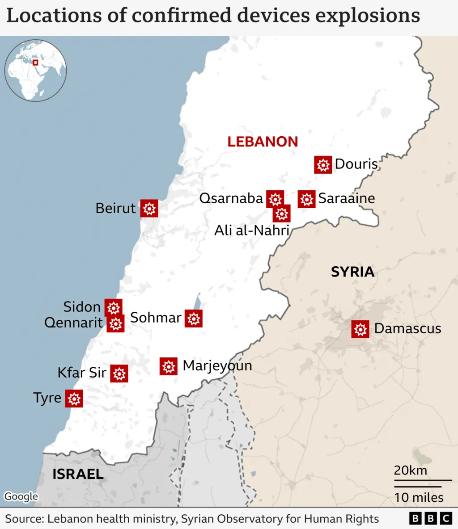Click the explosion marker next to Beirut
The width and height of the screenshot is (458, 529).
tap(149, 208)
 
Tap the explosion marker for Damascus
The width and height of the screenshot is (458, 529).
tap(360, 329)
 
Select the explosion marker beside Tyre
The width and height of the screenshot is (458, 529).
tap(74, 398)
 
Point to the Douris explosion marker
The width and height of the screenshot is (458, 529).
tap(323, 165)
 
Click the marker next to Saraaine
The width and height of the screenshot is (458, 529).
tap(306, 199)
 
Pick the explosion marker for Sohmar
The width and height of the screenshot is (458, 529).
tap(193, 319)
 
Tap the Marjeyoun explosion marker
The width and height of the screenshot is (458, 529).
tap(169, 366)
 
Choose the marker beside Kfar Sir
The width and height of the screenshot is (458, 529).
tap(119, 374)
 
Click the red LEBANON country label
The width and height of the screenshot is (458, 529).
tap(263, 142)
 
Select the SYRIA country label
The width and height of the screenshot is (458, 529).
tap(352, 272)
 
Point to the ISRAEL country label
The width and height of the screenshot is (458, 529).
tap(78, 474)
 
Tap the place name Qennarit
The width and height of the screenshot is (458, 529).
tap(73, 323)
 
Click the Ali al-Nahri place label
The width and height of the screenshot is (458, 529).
tap(252, 230)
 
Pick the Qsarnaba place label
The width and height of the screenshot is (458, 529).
tap(231, 198)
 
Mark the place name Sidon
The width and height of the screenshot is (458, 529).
tap(82, 306)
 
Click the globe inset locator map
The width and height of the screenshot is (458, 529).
tap(36, 70)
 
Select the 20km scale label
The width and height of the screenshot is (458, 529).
tap(410, 470)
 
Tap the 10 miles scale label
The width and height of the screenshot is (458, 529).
tap(419, 497)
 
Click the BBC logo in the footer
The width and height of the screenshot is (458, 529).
tap(430, 518)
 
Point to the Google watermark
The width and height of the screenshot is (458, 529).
tap(21, 496)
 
